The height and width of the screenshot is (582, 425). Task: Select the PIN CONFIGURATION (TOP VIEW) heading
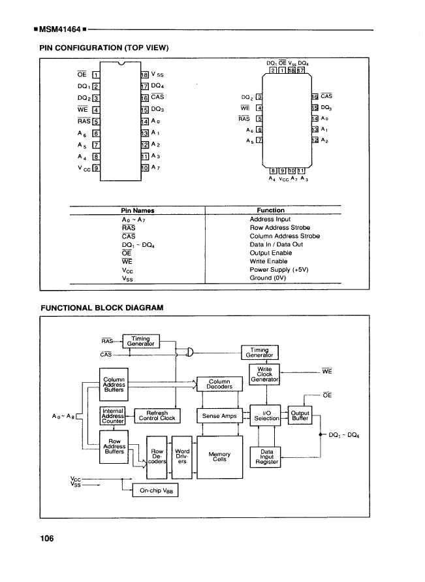[x=105, y=48]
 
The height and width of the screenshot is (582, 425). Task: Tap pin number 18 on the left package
[x=145, y=76]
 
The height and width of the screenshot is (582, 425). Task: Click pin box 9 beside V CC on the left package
[x=95, y=167]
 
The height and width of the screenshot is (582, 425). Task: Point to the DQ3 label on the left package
[x=157, y=110]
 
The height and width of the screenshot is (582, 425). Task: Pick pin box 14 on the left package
[x=145, y=121]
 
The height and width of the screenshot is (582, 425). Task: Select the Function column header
[x=271, y=210]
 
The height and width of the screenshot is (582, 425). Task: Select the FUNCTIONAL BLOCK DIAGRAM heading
[x=102, y=307]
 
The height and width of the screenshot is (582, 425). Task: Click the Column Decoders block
[x=219, y=384]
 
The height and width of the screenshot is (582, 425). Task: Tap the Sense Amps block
[x=219, y=416]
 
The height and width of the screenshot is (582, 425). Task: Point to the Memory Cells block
[x=219, y=457]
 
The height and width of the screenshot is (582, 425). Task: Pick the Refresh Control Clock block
[x=157, y=416]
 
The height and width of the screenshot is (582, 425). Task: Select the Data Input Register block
[x=266, y=457]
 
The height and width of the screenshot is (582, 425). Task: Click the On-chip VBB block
[x=155, y=489]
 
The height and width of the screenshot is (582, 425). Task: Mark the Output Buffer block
[x=300, y=416]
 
